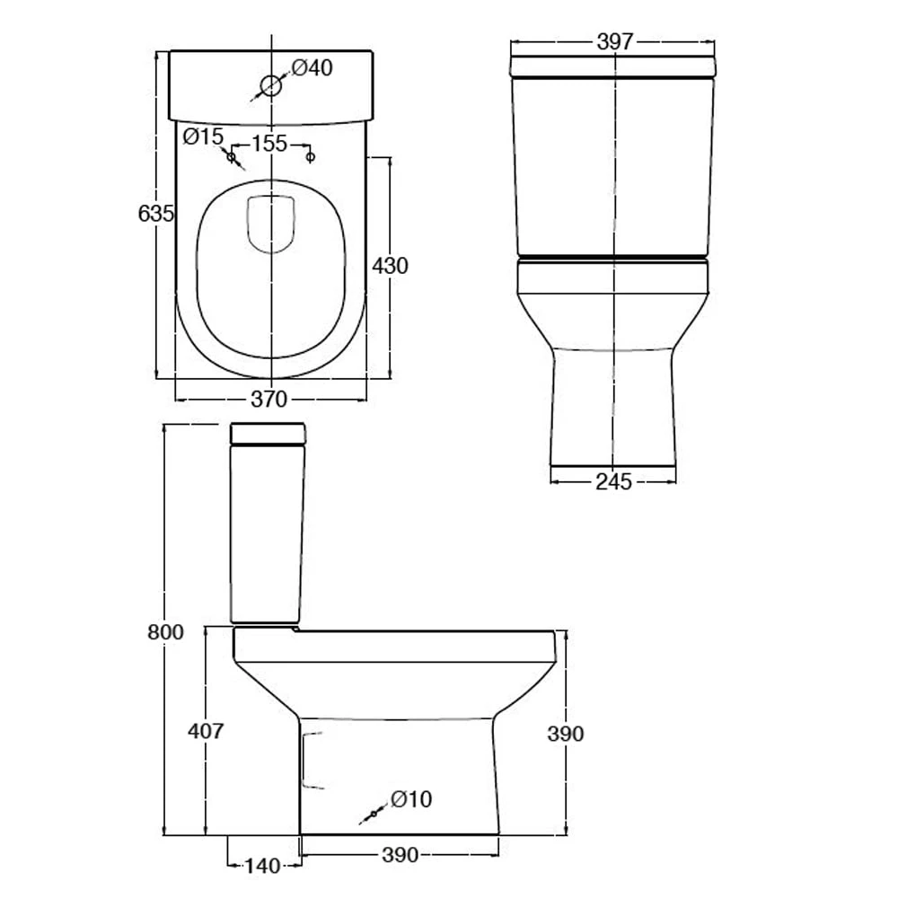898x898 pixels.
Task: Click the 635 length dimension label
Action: click(155, 214)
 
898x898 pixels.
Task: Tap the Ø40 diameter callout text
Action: click(313, 68)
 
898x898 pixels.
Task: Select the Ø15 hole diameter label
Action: click(203, 136)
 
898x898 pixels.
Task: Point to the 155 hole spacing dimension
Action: click(269, 143)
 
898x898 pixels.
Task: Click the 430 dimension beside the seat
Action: click(390, 266)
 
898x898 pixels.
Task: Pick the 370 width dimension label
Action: click(269, 400)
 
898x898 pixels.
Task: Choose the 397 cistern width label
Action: click(615, 42)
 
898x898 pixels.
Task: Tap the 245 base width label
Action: click(614, 482)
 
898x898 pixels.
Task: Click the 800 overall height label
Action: click(165, 632)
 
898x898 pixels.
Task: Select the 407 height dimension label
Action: click(206, 731)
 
